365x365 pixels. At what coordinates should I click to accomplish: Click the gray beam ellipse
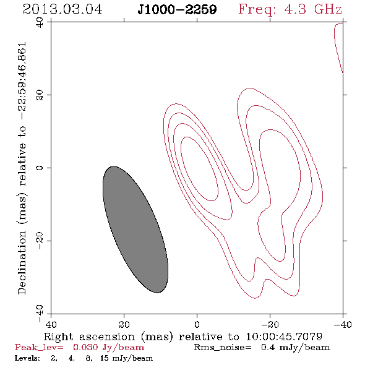point(135,230)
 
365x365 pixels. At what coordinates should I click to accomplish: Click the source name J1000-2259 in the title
point(177,9)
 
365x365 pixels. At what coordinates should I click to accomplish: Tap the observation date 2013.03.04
point(62,9)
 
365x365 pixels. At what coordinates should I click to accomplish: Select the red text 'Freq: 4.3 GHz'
point(290,9)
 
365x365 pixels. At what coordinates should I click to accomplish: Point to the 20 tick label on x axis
point(124,325)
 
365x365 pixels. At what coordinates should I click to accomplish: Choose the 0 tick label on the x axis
point(197,325)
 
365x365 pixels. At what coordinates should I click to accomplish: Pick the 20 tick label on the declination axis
point(40,95)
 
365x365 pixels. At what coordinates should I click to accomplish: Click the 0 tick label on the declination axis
point(40,168)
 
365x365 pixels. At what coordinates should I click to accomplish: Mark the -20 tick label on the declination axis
point(40,241)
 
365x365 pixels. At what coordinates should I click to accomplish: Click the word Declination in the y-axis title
point(22,262)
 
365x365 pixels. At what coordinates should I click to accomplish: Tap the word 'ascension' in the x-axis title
point(107,337)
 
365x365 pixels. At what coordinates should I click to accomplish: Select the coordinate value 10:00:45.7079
point(284,337)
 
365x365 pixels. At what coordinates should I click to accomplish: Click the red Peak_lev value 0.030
point(85,347)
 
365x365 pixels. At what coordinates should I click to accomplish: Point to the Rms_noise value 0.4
point(268,347)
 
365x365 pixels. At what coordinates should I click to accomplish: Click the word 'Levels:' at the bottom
point(27,358)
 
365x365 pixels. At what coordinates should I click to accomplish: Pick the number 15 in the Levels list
point(105,358)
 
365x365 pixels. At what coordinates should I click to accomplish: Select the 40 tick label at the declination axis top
point(40,22)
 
